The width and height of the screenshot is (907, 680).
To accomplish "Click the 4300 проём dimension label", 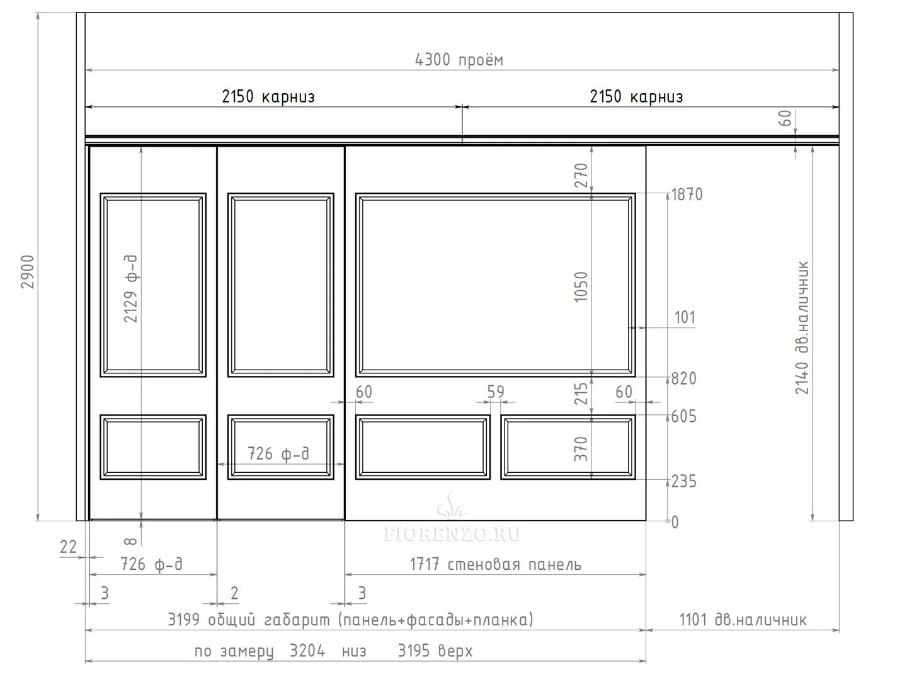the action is (459, 60).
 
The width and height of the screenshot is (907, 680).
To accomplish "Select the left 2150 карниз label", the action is (268, 96).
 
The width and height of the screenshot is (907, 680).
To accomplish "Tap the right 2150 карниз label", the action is (636, 96).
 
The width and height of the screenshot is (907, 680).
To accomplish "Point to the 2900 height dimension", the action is (28, 271).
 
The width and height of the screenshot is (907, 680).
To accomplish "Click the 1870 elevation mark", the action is (687, 195).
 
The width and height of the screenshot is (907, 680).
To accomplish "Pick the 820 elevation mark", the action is (684, 378).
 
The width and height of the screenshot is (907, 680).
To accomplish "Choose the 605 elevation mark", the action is (684, 417).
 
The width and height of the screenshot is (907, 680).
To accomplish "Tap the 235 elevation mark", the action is (684, 482).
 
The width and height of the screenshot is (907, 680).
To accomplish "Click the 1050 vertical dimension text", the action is (581, 287).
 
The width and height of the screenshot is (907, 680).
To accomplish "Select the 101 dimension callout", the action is (685, 317).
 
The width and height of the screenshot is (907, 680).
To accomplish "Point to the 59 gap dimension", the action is (496, 392).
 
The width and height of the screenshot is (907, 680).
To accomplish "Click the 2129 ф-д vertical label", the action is (130, 288).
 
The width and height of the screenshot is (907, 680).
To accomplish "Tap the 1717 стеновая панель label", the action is (496, 564).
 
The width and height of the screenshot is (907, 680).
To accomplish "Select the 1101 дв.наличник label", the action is (743, 620).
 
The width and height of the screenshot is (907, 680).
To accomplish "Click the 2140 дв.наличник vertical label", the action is (802, 328).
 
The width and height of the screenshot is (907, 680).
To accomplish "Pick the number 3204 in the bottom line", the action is (307, 651).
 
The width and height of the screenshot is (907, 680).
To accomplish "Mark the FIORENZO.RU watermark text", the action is (452, 534).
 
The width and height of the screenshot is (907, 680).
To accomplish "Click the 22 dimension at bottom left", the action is (68, 547).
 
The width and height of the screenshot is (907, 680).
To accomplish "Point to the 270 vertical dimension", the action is (581, 176).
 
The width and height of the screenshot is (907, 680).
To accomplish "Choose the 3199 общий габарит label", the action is (351, 620).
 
